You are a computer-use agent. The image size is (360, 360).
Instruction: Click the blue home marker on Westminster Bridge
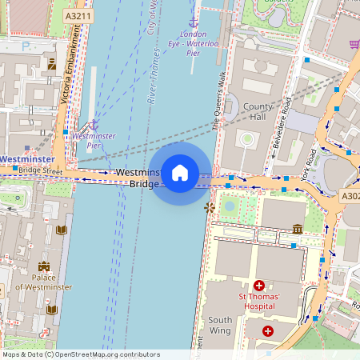point(180,173)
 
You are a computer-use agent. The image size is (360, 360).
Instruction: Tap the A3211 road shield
point(78,15)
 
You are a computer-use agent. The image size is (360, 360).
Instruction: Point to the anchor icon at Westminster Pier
point(93,125)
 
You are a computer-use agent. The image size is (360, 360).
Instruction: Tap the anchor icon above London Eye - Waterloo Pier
point(192,22)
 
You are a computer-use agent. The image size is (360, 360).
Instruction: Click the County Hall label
point(258,112)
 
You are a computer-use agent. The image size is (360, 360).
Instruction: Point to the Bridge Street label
point(40,170)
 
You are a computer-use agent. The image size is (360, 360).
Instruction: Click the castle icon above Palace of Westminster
point(42,266)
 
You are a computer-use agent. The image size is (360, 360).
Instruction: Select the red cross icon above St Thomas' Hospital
point(258,286)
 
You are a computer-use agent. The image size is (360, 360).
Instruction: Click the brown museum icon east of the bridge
point(298,229)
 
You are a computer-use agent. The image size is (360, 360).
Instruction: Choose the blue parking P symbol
point(26,46)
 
